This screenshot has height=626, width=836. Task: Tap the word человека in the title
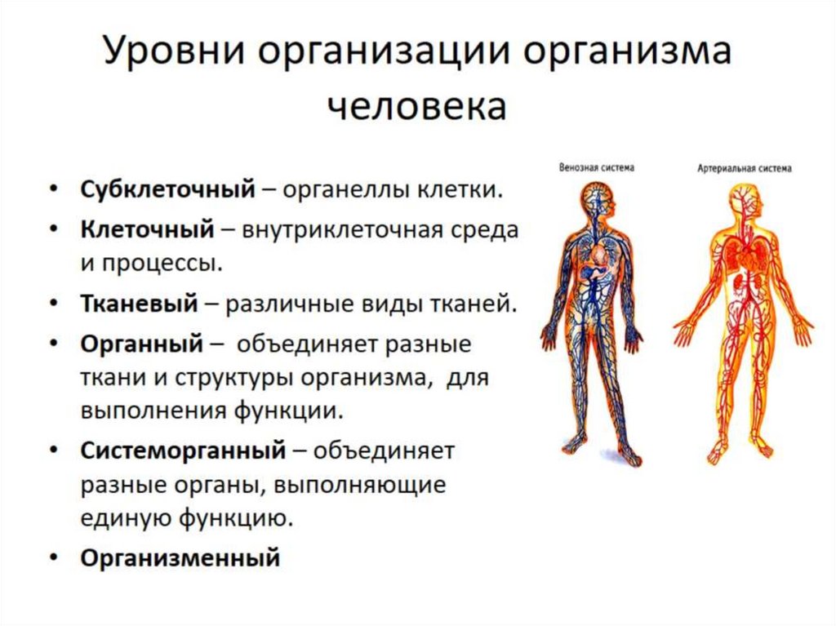[417, 107]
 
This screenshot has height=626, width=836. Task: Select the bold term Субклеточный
[167, 189]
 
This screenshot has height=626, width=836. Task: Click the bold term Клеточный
[145, 229]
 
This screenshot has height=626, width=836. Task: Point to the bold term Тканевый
[139, 304]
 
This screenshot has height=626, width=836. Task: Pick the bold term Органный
[140, 344]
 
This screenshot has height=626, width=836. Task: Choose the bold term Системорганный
[183, 449]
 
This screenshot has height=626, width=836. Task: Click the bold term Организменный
[180, 558]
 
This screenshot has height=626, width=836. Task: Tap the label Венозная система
[597, 167]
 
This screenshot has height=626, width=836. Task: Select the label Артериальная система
[744, 170]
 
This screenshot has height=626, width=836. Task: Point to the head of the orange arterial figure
[745, 199]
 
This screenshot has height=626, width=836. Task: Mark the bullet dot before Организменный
[53, 558]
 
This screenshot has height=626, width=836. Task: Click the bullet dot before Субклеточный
[53, 189]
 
